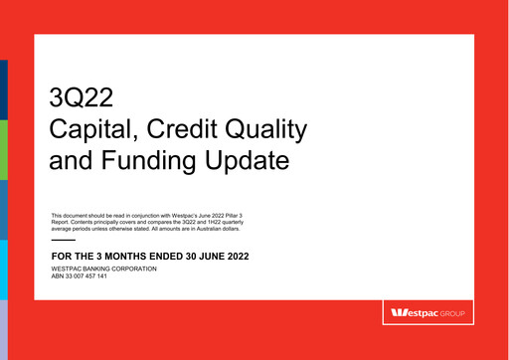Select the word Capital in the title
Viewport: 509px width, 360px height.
89,129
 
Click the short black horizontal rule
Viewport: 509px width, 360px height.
63,241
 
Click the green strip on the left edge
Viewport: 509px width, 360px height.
3,149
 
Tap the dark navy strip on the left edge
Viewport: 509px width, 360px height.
3,90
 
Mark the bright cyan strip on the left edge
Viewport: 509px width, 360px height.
3,270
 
